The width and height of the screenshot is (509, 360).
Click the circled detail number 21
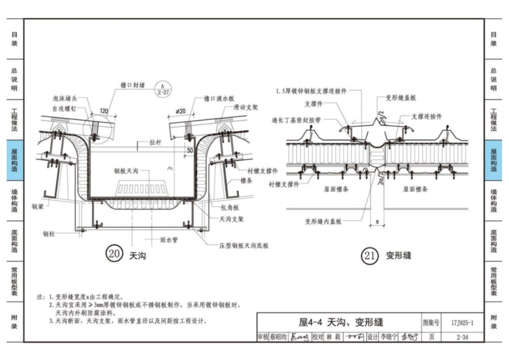coord(370,256)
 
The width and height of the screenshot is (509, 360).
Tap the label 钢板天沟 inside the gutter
coord(126,171)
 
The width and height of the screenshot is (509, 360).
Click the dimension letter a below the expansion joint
coord(378,220)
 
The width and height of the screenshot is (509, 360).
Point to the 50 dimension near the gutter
coord(190,152)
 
